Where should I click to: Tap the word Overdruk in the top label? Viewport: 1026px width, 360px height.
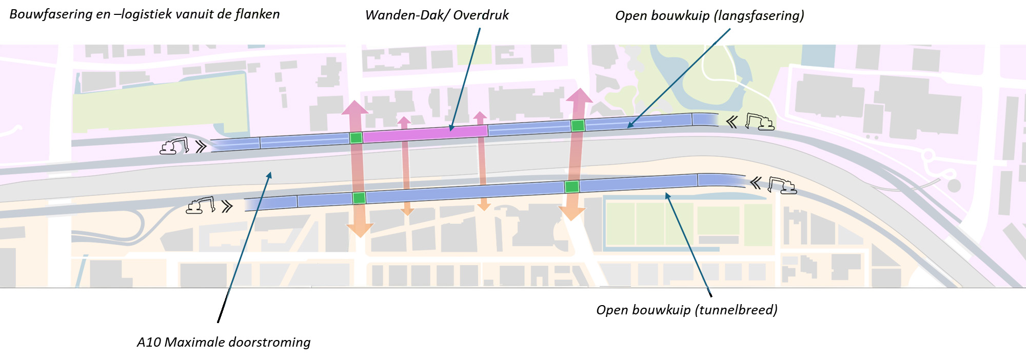pyautogui.click(x=481, y=15)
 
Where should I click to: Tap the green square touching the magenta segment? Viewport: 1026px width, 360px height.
pyautogui.click(x=356, y=137)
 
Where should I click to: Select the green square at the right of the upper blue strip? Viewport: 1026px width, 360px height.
pyautogui.click(x=578, y=126)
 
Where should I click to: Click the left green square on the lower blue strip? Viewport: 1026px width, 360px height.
pyautogui.click(x=359, y=198)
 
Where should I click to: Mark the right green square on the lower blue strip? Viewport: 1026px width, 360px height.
pyautogui.click(x=572, y=187)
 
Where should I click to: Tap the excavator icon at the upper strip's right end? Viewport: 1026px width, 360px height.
pyautogui.click(x=759, y=122)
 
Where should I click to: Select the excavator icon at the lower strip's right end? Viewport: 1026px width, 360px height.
pyautogui.click(x=782, y=185)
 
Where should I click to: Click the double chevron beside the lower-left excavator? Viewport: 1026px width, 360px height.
pyautogui.click(x=227, y=207)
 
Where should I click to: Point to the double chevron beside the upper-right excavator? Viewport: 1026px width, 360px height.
pyautogui.click(x=732, y=122)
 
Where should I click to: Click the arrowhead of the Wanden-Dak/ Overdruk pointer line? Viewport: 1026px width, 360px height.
pyautogui.click(x=451, y=128)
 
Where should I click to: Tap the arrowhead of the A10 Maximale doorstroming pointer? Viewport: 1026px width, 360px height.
pyautogui.click(x=269, y=175)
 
